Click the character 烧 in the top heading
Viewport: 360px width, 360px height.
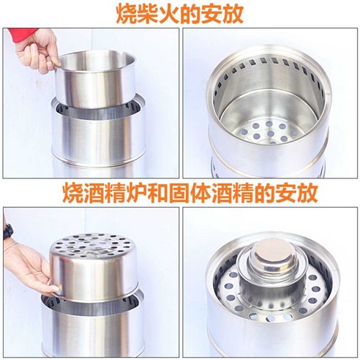click(126, 12)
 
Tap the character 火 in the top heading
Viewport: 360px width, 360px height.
click(168, 12)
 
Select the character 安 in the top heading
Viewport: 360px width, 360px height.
click(211, 12)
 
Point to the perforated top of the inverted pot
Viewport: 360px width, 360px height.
click(94, 246)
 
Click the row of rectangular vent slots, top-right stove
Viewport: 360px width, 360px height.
click(269, 68)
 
